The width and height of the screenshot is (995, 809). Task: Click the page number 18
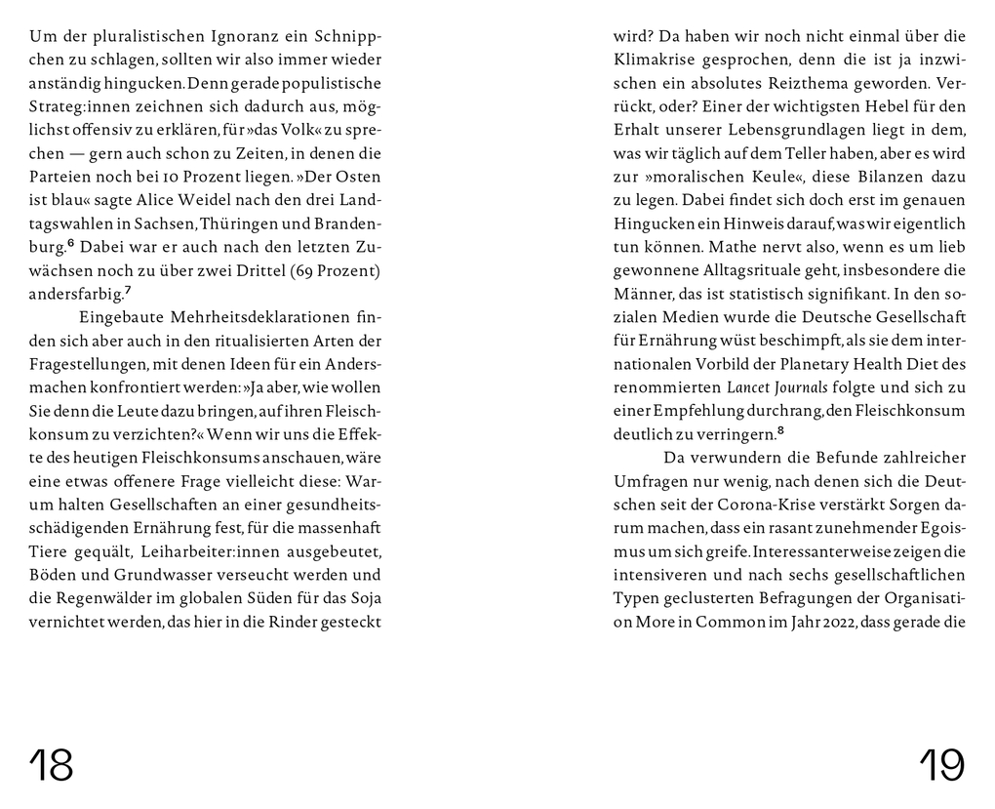click(52, 765)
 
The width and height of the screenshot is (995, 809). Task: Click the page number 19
click(941, 765)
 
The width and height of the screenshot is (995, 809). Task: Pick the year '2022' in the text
click(821, 621)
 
